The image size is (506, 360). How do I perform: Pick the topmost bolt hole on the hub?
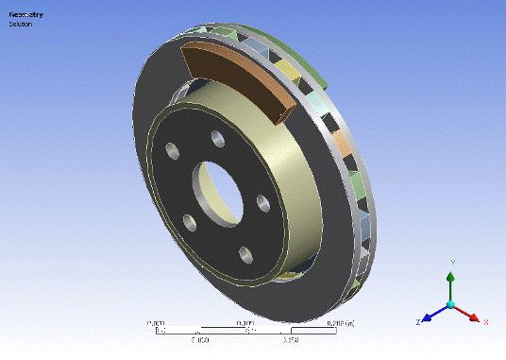pyautogui.click(x=217, y=140)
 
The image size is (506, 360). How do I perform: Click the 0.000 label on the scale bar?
pyautogui.click(x=157, y=322)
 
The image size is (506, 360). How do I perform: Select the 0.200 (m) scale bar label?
pyautogui.click(x=341, y=322)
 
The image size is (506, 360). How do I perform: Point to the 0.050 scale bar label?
pyautogui.click(x=201, y=338)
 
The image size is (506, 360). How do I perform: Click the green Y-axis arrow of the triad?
pyautogui.click(x=451, y=281)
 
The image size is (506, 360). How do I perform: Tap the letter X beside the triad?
pyautogui.click(x=485, y=321)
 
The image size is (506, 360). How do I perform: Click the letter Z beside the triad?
pyautogui.click(x=416, y=322)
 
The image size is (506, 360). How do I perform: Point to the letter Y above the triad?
pyautogui.click(x=453, y=261)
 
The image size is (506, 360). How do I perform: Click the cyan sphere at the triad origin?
pyautogui.click(x=451, y=304)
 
